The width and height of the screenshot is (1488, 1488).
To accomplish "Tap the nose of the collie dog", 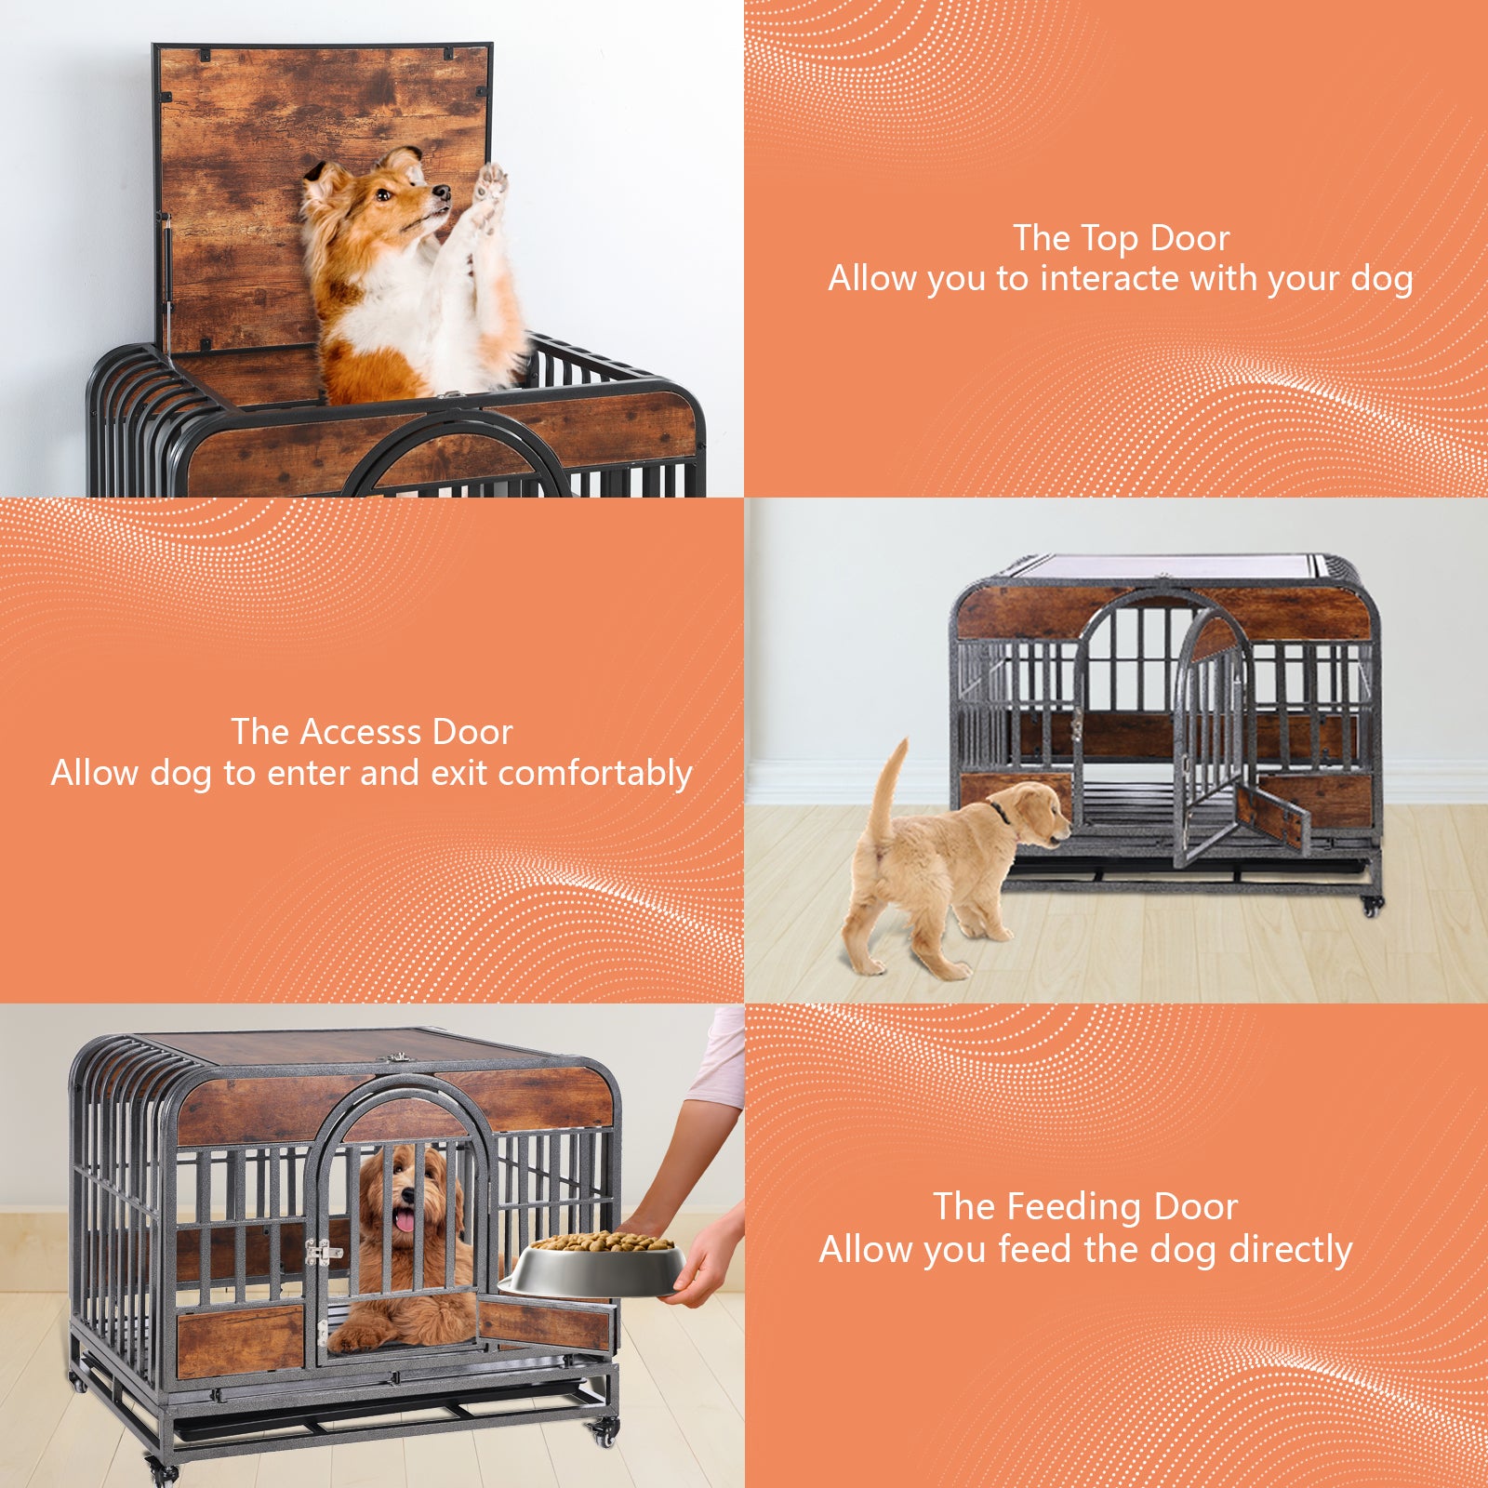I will (x=442, y=193).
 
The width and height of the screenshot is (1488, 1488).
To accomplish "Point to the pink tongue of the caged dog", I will (x=405, y=1220).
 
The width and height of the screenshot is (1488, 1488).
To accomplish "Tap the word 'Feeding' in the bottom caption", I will (x=1074, y=1207).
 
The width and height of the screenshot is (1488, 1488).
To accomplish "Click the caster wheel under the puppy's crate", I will (x=1372, y=905).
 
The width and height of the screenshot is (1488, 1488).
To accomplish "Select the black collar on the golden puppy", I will (x=1000, y=812).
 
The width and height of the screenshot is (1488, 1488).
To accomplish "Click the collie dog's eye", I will (x=381, y=195).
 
